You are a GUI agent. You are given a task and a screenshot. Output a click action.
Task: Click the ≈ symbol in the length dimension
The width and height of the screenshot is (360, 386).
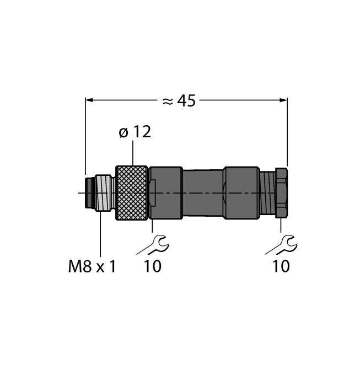point(168,100)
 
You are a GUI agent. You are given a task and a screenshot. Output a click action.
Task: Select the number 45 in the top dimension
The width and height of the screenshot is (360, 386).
point(186,100)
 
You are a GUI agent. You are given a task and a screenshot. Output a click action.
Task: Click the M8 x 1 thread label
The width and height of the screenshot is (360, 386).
point(92,267)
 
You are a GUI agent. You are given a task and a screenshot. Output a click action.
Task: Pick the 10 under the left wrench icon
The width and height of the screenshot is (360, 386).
point(153,267)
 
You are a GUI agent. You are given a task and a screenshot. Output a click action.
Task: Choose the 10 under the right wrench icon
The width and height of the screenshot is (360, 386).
point(281,267)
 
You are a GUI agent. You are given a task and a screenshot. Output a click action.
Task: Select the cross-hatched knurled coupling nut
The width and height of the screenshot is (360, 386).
point(131,193)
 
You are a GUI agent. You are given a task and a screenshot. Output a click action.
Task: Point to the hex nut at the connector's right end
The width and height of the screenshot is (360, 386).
point(281,192)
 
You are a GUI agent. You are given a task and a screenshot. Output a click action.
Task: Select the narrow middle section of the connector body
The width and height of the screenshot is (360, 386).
point(202,192)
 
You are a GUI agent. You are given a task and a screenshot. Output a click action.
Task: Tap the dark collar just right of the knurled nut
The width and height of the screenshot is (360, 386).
point(165,192)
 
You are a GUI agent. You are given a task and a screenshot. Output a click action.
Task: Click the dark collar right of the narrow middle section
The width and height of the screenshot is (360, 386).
point(241,192)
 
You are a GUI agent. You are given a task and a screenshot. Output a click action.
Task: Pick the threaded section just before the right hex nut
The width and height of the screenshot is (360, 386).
point(267,192)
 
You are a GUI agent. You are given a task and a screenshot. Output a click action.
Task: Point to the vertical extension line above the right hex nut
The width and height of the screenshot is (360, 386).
point(287,132)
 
